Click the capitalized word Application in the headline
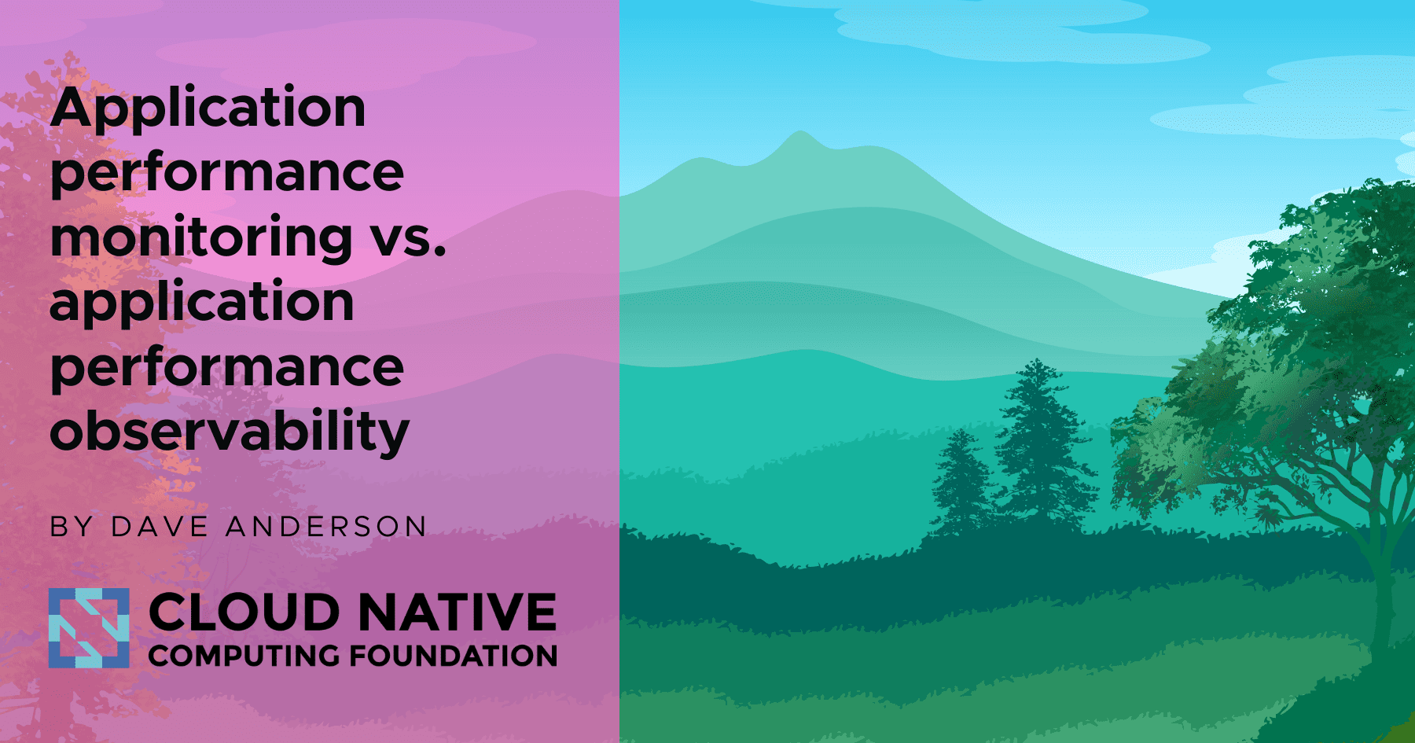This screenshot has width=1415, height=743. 208,109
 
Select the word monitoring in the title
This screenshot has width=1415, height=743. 201,237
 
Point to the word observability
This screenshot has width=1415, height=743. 230,432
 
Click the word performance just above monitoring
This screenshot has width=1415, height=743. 226,172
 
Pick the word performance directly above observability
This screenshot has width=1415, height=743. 226,367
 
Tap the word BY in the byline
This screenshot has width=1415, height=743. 72,527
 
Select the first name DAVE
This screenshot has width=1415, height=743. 160,527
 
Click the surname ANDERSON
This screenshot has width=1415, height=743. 326,527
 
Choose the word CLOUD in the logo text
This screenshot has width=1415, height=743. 244,612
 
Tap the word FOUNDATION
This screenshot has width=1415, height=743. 454,656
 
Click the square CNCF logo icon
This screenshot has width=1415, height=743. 89,628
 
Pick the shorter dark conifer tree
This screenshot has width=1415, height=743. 960,480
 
